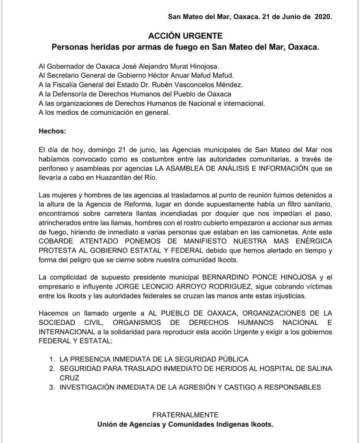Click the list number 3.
pyautogui.click(x=51, y=387)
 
